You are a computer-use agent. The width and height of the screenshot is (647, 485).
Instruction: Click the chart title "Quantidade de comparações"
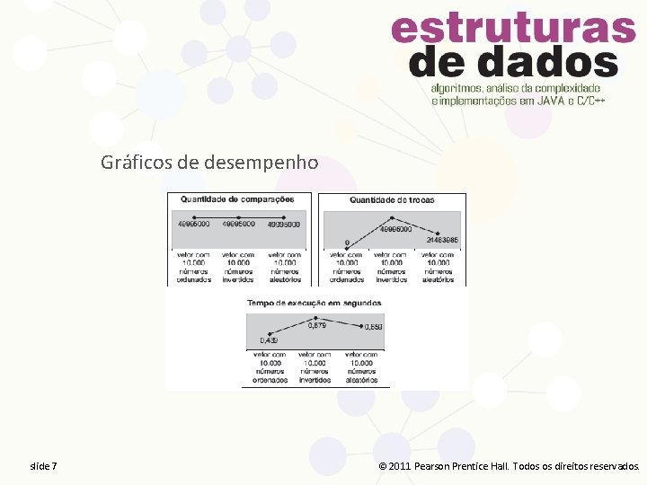237,199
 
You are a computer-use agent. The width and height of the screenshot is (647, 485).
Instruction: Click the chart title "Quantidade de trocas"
391,199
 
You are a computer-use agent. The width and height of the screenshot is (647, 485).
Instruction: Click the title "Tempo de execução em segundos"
314,303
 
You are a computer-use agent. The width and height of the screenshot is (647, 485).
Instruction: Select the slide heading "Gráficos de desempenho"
209,163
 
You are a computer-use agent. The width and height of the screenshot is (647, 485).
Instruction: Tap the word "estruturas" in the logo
513,30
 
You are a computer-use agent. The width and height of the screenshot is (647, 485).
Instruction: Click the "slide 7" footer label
43,466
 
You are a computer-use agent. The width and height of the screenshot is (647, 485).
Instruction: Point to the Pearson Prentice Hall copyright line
510,466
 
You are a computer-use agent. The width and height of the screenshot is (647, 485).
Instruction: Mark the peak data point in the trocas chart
391,217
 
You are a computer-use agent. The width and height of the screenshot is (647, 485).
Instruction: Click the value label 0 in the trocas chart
347,242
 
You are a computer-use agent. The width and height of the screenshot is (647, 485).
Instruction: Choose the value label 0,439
269,340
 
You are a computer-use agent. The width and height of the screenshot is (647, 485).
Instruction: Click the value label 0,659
373,327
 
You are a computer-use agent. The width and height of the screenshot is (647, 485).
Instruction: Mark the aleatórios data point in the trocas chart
438,234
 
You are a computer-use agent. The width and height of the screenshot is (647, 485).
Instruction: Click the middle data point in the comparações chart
238,216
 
